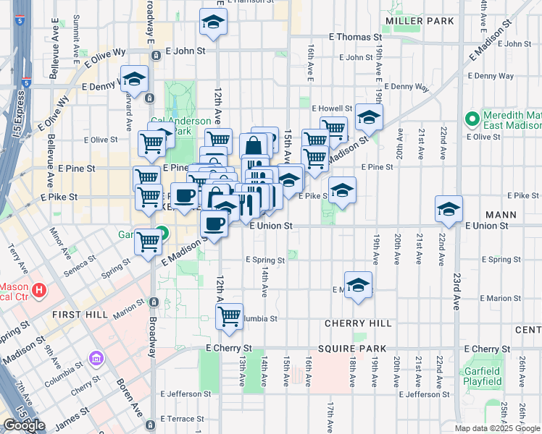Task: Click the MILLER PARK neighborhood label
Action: click(420, 21)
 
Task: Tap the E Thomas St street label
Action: click(355, 36)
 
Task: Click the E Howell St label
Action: click(331, 108)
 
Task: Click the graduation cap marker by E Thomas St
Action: click(214, 22)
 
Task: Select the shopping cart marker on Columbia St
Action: click(229, 315)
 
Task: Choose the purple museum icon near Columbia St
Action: click(96, 358)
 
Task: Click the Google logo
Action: click(24, 425)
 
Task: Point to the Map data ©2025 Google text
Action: click(496, 428)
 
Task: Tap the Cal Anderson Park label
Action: click(180, 126)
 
